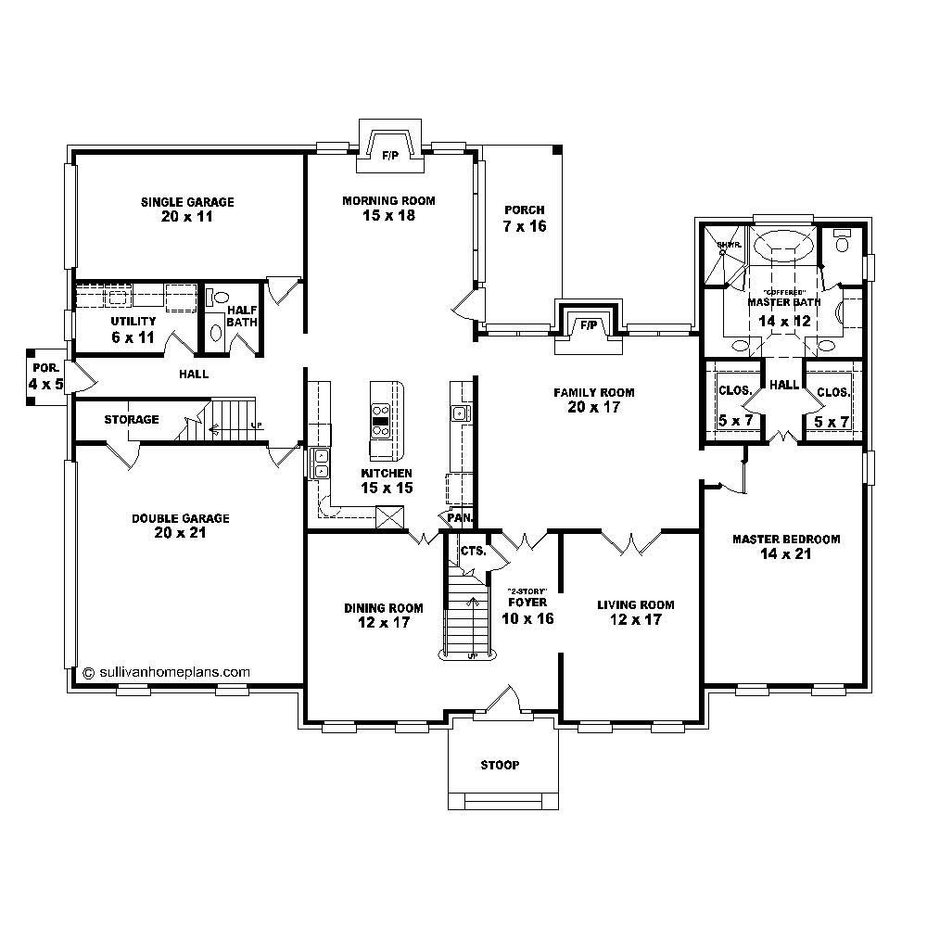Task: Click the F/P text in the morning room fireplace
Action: coord(390,155)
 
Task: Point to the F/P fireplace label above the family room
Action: coord(588,325)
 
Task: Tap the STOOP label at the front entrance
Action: coord(500,765)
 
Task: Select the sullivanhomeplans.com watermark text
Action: coord(167,672)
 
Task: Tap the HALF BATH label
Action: coord(242,316)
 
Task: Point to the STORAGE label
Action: coord(131,420)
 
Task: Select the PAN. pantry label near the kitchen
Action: coord(461,517)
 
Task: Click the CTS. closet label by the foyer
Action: coord(473,551)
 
